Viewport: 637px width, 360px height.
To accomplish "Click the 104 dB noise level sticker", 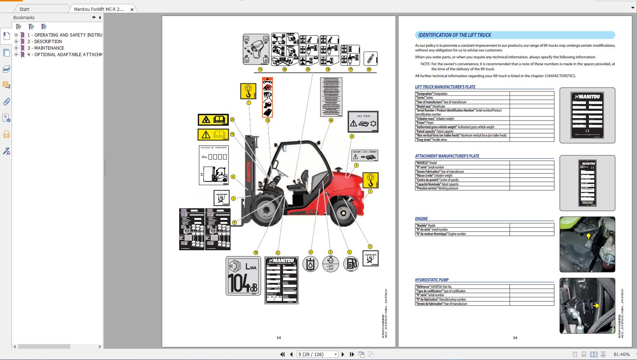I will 243,276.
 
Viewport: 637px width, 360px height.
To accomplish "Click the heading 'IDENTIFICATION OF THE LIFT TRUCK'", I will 455,35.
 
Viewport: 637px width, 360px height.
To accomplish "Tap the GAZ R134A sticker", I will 363,121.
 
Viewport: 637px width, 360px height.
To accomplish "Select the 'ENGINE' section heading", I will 421,219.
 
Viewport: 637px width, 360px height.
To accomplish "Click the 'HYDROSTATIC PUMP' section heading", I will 432,280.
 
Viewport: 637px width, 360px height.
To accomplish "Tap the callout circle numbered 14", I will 331,120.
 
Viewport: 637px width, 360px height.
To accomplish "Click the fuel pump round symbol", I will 351,264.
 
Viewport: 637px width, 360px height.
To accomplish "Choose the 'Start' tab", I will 25,9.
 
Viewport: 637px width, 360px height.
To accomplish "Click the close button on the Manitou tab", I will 132,9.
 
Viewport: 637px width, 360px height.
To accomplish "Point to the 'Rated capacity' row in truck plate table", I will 462,131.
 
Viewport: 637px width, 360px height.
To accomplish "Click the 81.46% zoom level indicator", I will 621,354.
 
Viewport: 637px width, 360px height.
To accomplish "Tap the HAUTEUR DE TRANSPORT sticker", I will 214,165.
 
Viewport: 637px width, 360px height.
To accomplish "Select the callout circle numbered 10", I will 256,253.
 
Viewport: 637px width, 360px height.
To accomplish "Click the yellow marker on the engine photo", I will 589,236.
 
